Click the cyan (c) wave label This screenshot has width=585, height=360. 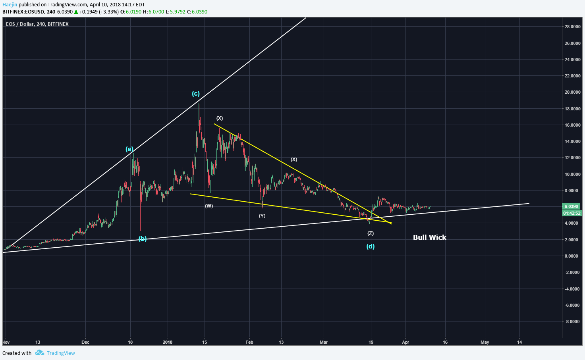tap(196, 94)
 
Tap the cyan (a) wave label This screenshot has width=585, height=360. tap(129, 149)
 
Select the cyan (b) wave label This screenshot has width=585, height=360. tap(143, 239)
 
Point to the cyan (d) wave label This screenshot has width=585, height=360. tap(370, 246)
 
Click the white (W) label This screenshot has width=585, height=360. tap(209, 206)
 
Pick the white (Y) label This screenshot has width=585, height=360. tap(262, 216)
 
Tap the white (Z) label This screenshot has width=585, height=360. tap(371, 233)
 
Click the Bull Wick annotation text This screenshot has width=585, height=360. tap(429, 237)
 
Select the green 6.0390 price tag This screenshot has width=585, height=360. tap(571, 206)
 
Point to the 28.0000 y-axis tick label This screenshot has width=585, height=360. tap(572, 27)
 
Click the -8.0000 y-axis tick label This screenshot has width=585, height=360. tap(572, 321)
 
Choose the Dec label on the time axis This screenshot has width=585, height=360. tap(85, 342)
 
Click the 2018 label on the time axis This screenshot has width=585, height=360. tap(168, 342)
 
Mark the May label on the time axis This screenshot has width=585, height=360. tap(485, 342)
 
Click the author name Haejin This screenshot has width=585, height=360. tap(10, 5)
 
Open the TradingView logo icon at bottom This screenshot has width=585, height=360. tap(39, 353)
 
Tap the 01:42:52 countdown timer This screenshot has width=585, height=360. tap(571, 213)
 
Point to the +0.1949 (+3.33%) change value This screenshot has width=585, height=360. tap(99, 12)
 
